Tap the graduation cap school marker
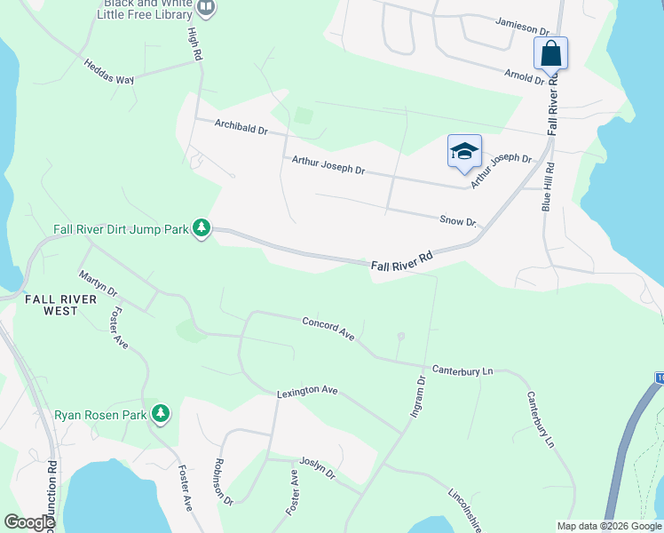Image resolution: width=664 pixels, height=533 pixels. point(464,152)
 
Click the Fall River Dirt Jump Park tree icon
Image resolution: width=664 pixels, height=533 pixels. point(202,229)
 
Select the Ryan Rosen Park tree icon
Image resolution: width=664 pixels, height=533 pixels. point(161,414)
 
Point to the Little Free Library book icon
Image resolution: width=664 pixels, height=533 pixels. point(206,9)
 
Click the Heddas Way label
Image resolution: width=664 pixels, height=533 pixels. point(108,71)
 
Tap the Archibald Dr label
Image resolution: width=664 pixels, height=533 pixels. point(241,129)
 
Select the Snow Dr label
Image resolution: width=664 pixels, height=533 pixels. point(459,220)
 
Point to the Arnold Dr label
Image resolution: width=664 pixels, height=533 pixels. point(525,77)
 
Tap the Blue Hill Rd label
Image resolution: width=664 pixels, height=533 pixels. point(548,187)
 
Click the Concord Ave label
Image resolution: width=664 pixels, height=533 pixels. point(328,329)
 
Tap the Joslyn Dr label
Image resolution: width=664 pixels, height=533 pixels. point(318,468)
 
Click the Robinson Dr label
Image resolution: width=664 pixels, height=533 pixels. point(222,482)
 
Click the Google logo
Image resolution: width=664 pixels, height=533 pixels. point(29,522)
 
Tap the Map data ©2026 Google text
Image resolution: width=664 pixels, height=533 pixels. point(608,526)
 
